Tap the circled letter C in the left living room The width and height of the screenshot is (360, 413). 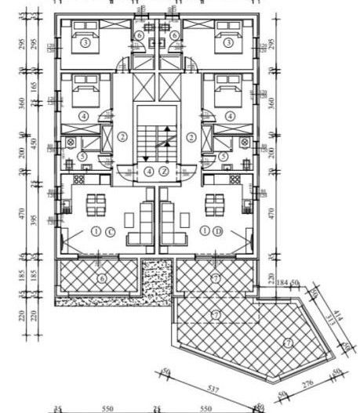coord(111,231)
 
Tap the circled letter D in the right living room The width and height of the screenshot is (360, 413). coord(216,231)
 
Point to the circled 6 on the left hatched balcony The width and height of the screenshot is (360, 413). coord(101,277)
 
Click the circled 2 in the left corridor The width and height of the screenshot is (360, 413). coord(122,136)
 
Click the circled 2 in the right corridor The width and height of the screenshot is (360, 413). coord(191,136)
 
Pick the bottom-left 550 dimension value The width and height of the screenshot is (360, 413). coord(107,408)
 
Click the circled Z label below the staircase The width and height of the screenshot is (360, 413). coord(164,171)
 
